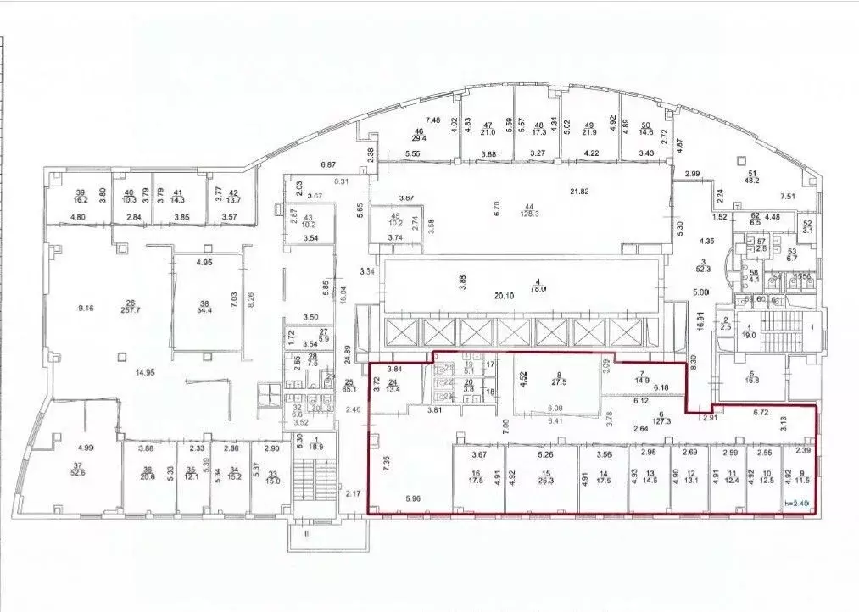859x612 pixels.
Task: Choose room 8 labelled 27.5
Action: (559, 381)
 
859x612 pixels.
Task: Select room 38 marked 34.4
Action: (204, 309)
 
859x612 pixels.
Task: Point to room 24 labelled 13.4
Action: (393, 388)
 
